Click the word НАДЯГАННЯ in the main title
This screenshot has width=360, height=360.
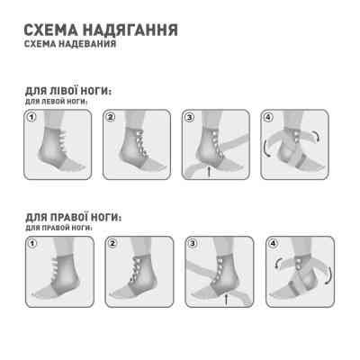coord(123,30)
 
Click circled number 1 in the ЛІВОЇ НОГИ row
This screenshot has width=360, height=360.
coord(31,117)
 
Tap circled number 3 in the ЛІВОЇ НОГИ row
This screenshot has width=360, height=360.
coord(190,117)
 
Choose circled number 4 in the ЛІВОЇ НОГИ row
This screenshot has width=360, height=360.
coord(268,117)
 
